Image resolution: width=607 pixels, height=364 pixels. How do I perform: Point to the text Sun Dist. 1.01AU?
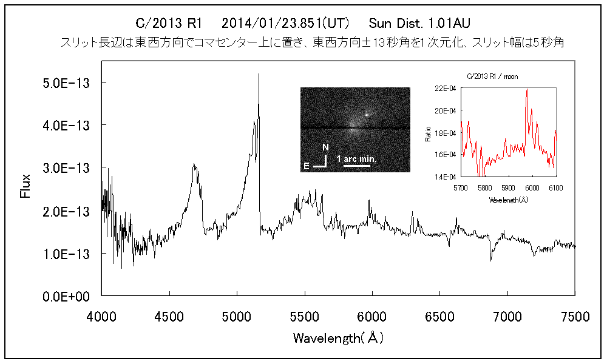click(419, 24)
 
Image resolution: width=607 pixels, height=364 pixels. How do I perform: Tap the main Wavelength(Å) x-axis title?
click(338, 338)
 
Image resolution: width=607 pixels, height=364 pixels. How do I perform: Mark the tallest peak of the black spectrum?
click(259, 75)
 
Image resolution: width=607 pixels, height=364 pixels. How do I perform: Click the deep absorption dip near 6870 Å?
click(491, 259)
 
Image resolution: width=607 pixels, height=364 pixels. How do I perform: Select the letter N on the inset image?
click(325, 147)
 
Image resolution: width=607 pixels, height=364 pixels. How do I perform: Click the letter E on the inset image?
click(307, 165)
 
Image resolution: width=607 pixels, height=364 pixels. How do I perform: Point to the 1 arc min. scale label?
click(356, 159)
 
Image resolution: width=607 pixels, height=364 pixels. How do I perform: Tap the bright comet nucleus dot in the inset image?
click(367, 114)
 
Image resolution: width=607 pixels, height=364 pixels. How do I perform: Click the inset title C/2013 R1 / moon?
click(492, 76)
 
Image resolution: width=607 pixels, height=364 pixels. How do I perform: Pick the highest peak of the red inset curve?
click(527, 90)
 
